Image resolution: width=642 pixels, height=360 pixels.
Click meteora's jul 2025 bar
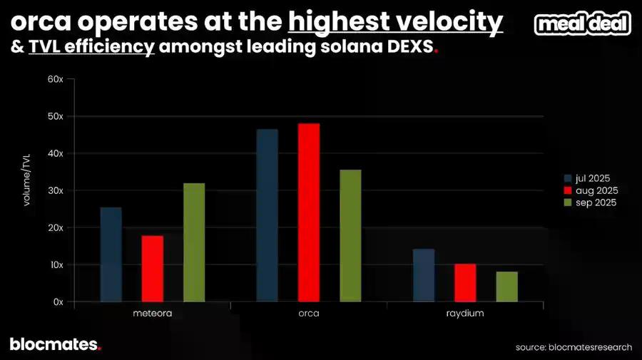click(111, 254)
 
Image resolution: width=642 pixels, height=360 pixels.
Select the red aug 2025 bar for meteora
click(152, 269)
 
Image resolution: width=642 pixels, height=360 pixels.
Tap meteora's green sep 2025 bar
click(194, 242)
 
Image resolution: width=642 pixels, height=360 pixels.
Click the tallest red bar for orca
click(309, 212)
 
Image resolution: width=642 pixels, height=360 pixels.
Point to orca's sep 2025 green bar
click(351, 235)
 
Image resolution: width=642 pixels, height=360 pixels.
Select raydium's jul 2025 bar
click(424, 275)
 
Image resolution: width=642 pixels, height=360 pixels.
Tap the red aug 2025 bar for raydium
click(465, 283)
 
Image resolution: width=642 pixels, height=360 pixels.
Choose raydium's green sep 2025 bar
click(507, 287)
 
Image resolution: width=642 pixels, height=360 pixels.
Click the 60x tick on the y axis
click(56, 79)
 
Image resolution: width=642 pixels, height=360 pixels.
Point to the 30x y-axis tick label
click(56, 190)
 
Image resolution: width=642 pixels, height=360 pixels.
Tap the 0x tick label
click(58, 302)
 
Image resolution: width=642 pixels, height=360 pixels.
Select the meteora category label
click(152, 314)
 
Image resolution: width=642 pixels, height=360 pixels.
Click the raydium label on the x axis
click(465, 314)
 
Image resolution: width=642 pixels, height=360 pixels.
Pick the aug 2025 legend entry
click(591, 190)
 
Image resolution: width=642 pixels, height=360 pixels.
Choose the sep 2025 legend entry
click(591, 202)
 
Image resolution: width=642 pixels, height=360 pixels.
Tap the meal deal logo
click(583, 24)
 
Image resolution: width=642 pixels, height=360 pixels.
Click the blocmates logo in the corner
click(55, 344)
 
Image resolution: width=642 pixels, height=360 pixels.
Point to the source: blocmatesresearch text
click(574, 347)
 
